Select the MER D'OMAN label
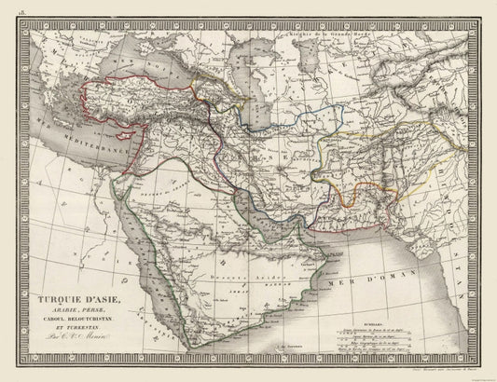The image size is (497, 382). coord(387,253)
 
